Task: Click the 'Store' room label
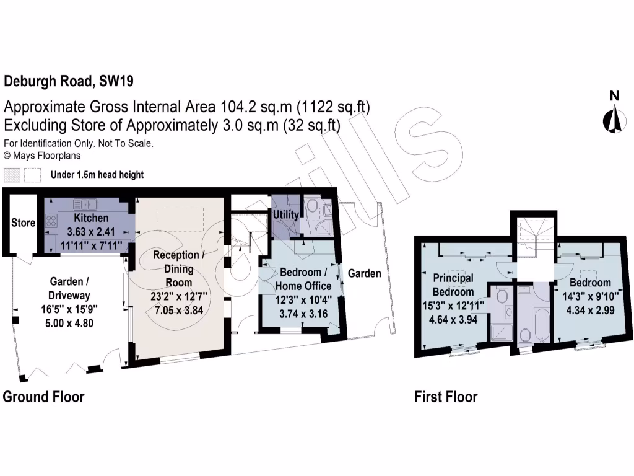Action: point(23,223)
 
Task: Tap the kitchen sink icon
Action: point(84,204)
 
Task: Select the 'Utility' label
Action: point(286,214)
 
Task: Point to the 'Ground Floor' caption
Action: point(43,397)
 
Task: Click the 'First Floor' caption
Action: point(446,397)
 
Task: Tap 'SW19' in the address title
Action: point(115,81)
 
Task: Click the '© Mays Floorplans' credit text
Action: point(42,156)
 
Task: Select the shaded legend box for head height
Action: point(12,174)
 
